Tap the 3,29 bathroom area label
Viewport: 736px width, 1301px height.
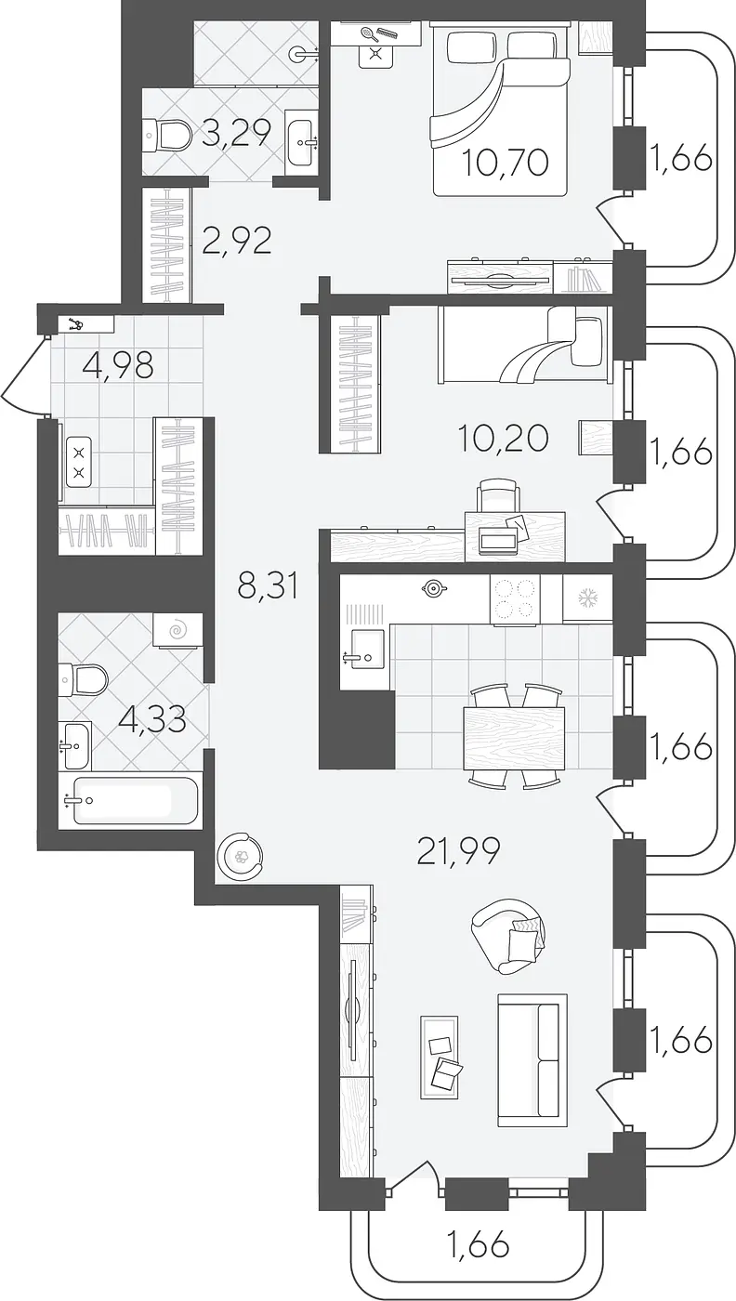pyautogui.click(x=237, y=134)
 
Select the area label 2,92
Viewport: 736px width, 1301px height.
pyautogui.click(x=237, y=241)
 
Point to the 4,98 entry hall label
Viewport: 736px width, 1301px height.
pyautogui.click(x=119, y=366)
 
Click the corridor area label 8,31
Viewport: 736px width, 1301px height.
pyautogui.click(x=268, y=586)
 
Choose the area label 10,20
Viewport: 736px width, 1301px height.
pyautogui.click(x=503, y=438)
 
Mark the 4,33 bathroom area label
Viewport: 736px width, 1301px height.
pyautogui.click(x=152, y=720)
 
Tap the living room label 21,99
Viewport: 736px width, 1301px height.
pyautogui.click(x=459, y=852)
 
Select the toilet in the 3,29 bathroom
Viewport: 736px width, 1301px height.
pyautogui.click(x=167, y=135)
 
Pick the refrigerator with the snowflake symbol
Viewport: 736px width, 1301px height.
pyautogui.click(x=587, y=598)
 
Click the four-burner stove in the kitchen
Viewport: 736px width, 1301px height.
pyautogui.click(x=515, y=599)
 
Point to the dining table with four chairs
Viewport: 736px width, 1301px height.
pyautogui.click(x=514, y=738)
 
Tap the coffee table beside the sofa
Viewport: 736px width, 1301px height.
pyautogui.click(x=440, y=1048)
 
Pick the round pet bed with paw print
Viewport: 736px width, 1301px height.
pyautogui.click(x=240, y=856)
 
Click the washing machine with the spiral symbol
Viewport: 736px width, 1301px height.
pyautogui.click(x=177, y=630)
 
